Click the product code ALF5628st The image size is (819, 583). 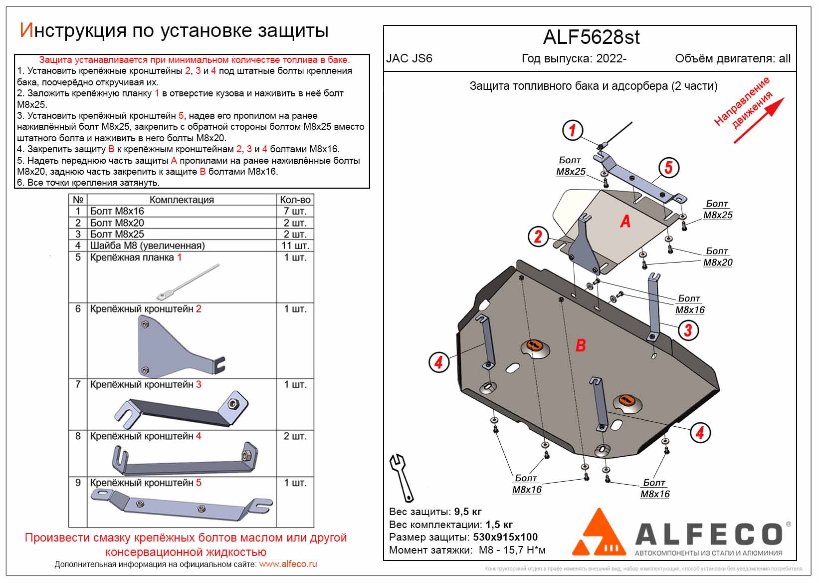[x=591, y=37]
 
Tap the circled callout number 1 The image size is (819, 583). [x=572, y=130]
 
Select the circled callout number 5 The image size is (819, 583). [x=668, y=167]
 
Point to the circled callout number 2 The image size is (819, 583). [x=538, y=236]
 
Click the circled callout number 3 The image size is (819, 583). [x=688, y=330]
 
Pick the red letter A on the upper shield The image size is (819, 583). [x=625, y=221]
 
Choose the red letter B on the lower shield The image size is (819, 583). [x=581, y=345]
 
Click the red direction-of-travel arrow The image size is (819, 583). [x=759, y=120]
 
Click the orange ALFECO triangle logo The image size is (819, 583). [x=600, y=533]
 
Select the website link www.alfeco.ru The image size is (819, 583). [x=288, y=564]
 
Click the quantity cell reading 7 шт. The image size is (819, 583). [x=295, y=211]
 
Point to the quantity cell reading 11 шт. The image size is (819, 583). [x=295, y=246]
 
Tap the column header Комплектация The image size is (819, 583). [x=182, y=200]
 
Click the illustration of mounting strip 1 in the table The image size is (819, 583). [x=188, y=283]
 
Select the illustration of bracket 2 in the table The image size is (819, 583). [x=180, y=347]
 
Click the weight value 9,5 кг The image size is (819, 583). [x=468, y=512]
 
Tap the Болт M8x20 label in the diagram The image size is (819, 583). [x=717, y=257]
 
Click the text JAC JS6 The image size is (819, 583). [x=409, y=58]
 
